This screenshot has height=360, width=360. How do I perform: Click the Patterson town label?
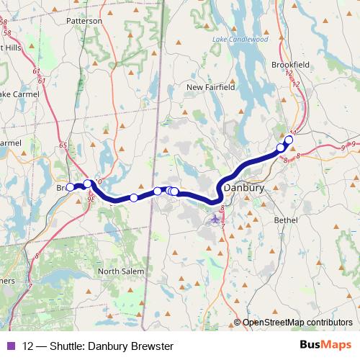click(85, 21)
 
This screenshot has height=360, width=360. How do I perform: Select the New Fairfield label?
click(210, 87)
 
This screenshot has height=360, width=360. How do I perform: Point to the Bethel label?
click(287, 220)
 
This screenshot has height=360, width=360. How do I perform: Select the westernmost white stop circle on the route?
click(70, 187)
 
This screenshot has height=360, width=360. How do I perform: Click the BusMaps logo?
click(325, 346)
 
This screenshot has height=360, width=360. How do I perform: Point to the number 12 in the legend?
click(29, 346)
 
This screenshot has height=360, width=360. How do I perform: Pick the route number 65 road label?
click(63, 145)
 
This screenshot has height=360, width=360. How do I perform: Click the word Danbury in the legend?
click(112, 346)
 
